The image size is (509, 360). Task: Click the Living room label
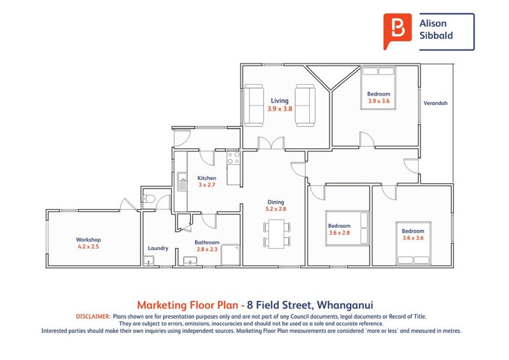pos(279,100)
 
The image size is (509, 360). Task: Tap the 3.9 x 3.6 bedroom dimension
pos(379,101)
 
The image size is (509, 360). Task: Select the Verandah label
pos(435,103)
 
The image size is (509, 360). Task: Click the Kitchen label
pos(207,178)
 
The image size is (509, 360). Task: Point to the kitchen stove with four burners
pos(234,158)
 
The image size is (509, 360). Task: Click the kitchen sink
pos(182,181)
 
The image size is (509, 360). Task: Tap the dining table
pos(277,233)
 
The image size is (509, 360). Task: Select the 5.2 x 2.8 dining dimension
pos(276,209)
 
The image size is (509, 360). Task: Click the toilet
pos(150,198)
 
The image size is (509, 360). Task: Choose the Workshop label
pos(88,240)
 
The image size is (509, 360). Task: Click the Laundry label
pos(158,248)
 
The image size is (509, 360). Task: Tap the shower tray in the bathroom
pos(230,255)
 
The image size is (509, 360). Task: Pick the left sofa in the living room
pos(253,105)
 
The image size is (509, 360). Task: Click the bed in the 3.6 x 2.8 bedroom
pos(347,228)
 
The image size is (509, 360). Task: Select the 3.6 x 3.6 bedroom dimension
pos(413,238)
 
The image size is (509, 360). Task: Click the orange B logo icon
pos(397,31)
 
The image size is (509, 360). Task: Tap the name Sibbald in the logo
pos(436,35)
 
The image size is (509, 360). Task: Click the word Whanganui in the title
pos(345,305)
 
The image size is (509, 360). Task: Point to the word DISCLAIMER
pos(93,317)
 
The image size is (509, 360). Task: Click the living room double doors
pos(271,143)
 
